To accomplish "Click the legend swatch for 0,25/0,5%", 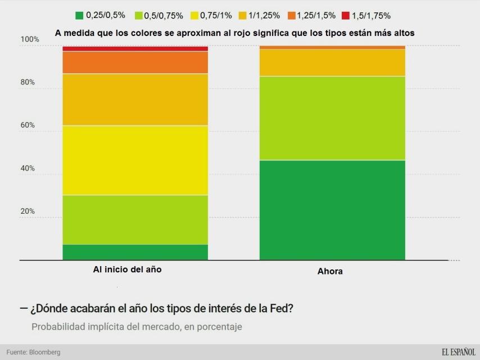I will tap(79, 16).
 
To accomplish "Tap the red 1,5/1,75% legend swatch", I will tap(345, 16).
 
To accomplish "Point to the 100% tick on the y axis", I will tap(30, 39).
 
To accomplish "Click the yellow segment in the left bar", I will tap(135, 160).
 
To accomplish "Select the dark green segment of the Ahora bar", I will tap(332, 210).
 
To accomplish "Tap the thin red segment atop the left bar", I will tap(135, 49).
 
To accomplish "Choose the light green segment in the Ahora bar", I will tap(332, 118).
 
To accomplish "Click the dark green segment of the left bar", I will tap(135, 252).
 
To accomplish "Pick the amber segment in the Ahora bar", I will tap(332, 62).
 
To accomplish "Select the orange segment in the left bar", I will tap(135, 62).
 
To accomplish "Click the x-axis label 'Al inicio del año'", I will tap(127, 269).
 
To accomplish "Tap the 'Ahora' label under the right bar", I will tap(330, 271).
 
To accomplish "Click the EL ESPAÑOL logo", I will tap(458, 352).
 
